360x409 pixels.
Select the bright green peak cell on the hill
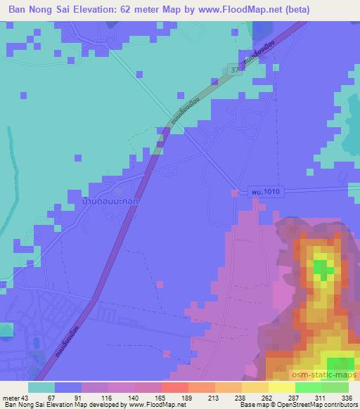click(x=323, y=268)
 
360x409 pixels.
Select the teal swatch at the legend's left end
click(x=41, y=387)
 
